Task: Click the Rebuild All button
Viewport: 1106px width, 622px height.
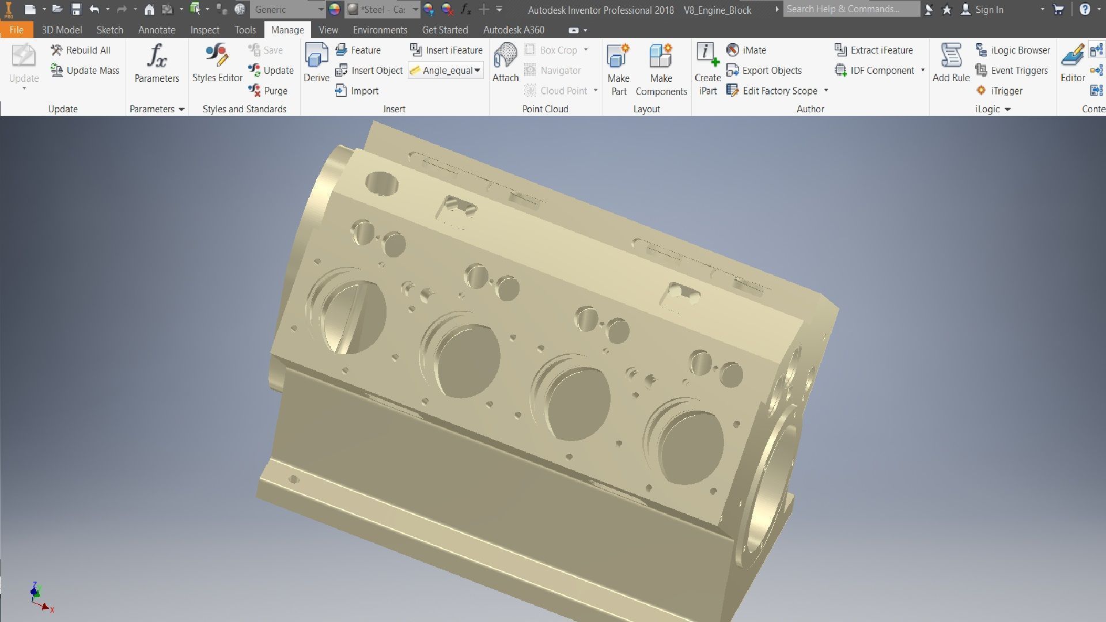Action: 81,50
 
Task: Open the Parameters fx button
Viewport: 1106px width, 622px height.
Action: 157,63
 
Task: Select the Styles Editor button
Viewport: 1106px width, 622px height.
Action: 217,63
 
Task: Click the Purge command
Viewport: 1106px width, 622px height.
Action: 268,90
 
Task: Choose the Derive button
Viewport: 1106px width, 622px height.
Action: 316,63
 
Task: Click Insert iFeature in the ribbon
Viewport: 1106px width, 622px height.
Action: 446,50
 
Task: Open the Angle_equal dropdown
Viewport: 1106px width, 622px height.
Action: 477,70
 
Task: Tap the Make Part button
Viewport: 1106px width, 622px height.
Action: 618,69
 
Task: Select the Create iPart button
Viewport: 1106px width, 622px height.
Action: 707,69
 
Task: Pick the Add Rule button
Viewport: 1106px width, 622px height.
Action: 951,63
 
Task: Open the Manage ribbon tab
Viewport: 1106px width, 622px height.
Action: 287,30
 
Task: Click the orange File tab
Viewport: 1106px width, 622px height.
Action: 16,30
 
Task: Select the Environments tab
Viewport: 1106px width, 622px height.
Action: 380,30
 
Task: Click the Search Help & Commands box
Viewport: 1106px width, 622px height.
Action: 851,9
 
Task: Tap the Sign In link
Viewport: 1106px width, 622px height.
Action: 988,10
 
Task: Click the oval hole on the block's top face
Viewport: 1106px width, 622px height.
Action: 382,183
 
